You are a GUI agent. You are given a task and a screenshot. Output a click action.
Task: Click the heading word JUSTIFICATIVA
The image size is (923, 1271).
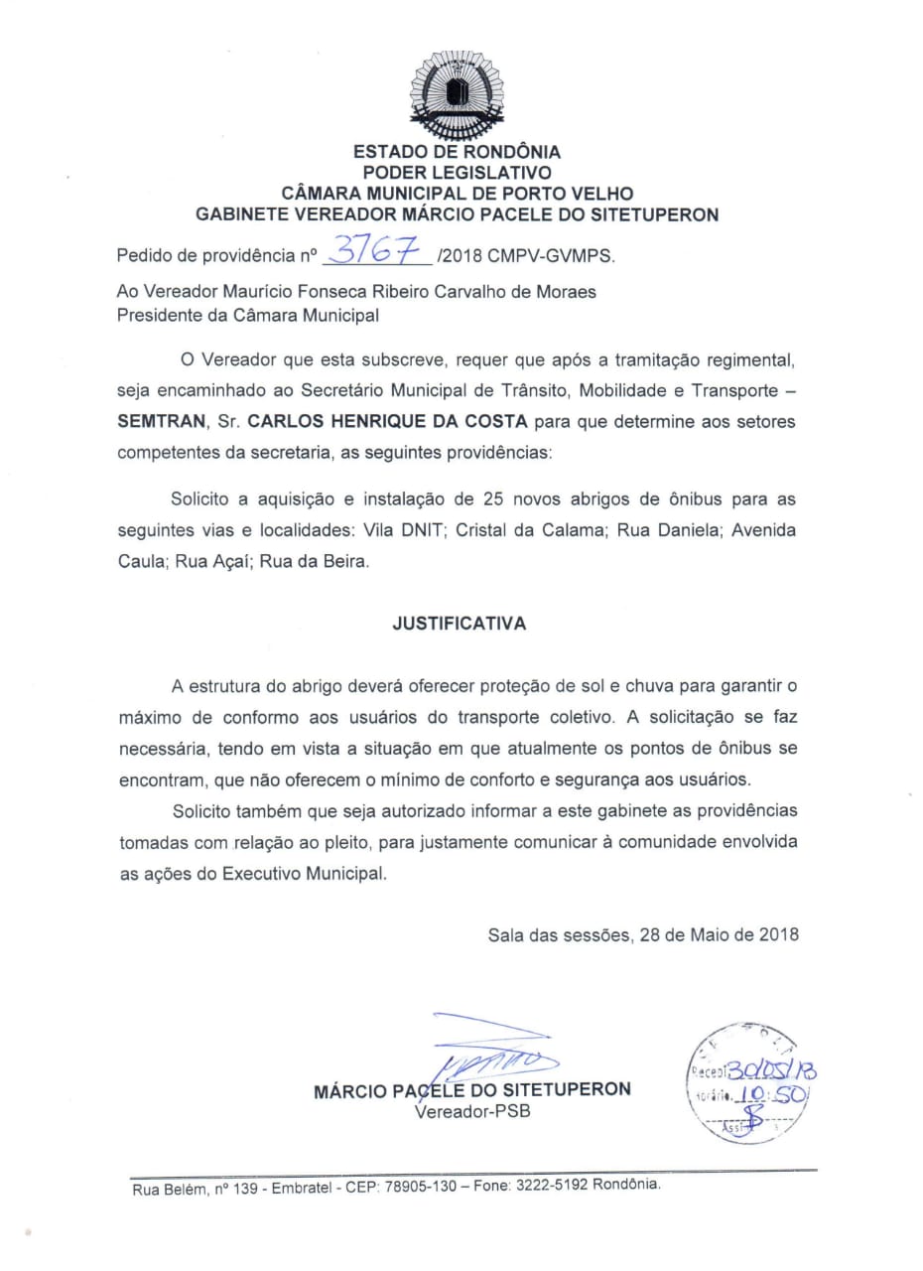tap(460, 625)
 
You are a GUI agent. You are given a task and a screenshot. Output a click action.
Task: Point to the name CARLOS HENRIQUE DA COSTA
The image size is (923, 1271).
tap(388, 421)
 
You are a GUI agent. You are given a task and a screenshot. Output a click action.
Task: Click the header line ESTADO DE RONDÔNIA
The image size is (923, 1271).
tap(457, 152)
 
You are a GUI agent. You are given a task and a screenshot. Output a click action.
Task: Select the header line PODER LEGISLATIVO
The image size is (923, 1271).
tap(457, 173)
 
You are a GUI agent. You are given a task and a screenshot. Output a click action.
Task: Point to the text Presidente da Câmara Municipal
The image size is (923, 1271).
tap(248, 316)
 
